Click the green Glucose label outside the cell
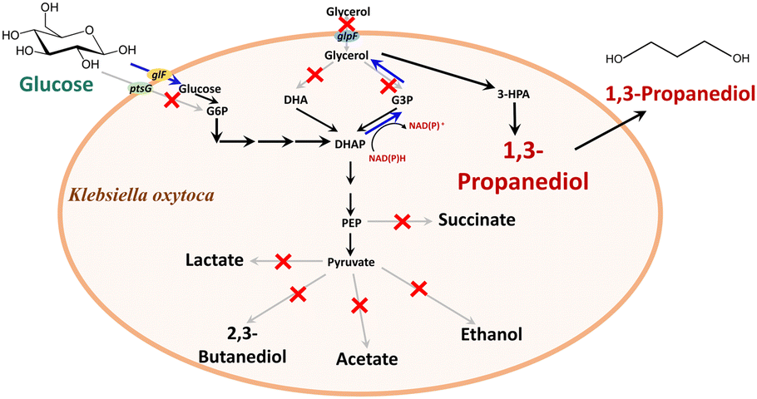52,86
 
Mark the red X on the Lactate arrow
283,262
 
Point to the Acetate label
366,359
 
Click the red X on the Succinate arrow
402,221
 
